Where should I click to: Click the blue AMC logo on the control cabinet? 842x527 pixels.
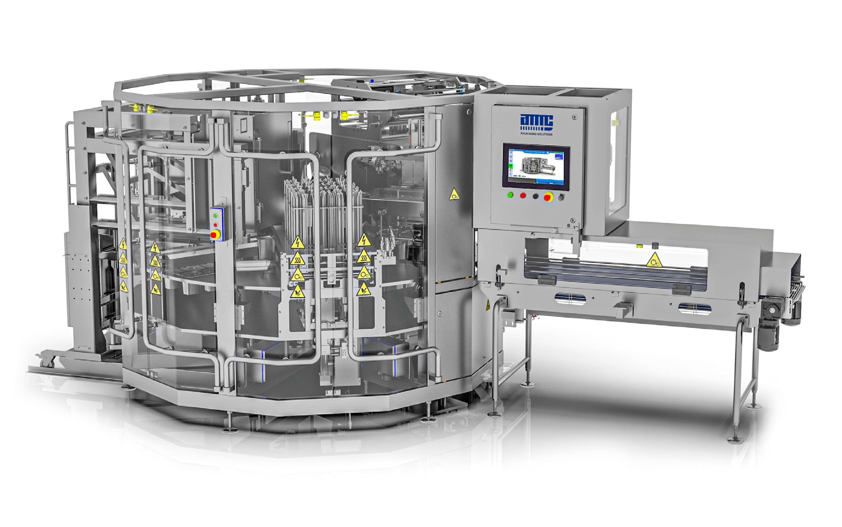pos(536,122)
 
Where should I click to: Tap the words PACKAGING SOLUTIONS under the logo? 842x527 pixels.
pos(536,134)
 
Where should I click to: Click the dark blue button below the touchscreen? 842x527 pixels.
pos(535,196)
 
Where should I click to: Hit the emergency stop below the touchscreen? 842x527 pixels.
pos(548,197)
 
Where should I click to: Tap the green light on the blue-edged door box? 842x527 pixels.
pos(216,215)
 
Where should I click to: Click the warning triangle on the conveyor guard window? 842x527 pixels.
pos(654,260)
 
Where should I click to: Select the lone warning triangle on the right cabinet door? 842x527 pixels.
pos(454,194)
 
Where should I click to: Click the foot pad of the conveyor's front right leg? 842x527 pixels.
pos(734,439)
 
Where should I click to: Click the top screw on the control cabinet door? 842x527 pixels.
pos(574,117)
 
